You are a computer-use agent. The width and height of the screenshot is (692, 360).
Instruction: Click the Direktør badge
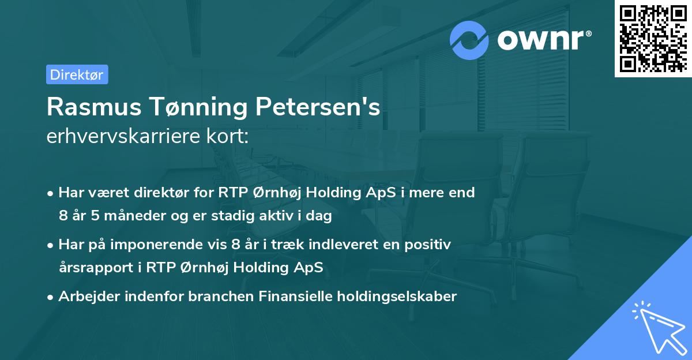coord(77,74)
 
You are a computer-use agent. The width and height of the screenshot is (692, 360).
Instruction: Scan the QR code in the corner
coord(653,38)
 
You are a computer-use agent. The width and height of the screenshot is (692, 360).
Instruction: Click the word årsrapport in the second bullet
coord(93,268)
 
